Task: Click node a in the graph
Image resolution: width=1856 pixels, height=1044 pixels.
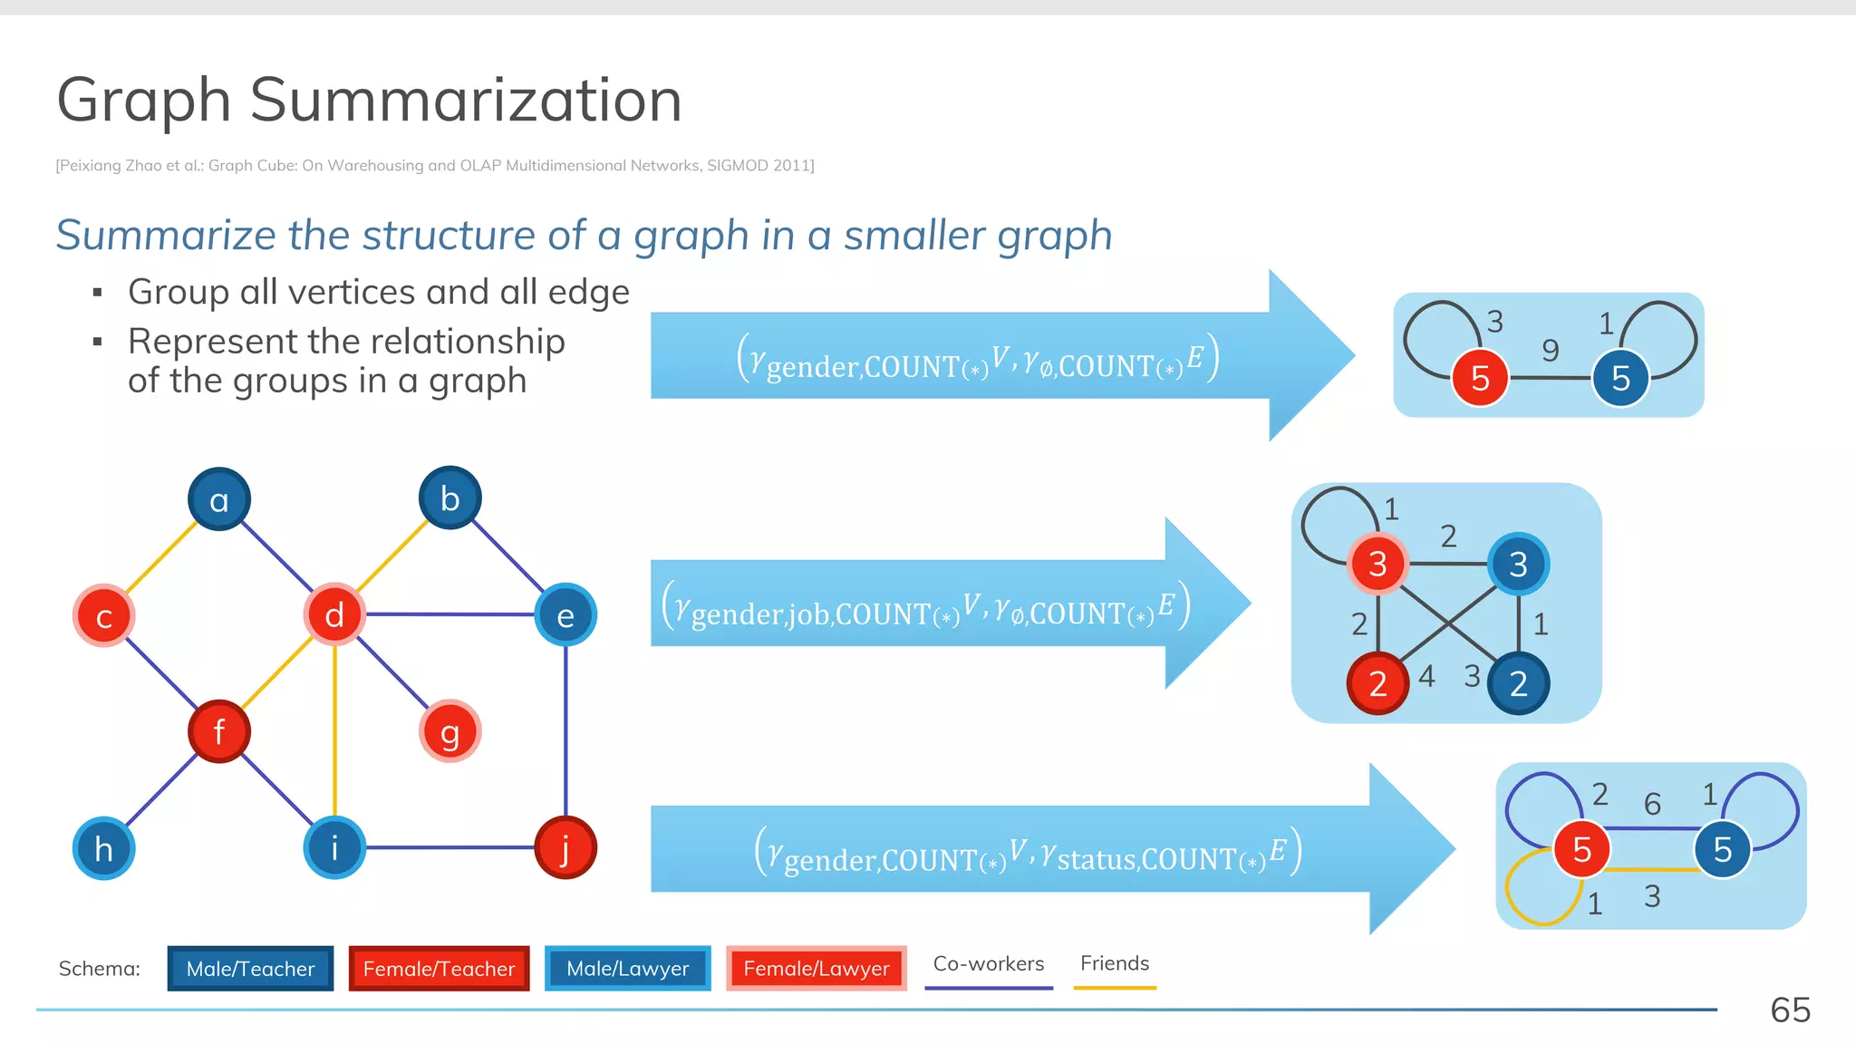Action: point(218,499)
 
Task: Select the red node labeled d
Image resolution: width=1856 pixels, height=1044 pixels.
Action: point(334,614)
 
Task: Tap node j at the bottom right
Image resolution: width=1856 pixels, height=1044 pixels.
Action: point(565,848)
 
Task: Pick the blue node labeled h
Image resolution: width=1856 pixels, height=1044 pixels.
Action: point(103,849)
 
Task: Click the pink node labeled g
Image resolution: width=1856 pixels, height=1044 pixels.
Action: point(449,731)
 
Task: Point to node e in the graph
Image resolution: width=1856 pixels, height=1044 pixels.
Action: point(565,615)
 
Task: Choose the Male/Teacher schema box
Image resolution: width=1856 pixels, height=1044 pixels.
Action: point(250,969)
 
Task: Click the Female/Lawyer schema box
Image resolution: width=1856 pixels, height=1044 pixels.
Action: point(816,969)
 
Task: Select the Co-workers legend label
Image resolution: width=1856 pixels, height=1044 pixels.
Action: point(989,963)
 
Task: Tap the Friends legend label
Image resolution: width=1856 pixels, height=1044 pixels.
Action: point(1115,963)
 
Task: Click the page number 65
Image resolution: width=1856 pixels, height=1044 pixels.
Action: point(1790,1010)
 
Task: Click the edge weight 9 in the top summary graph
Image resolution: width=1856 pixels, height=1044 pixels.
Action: point(1551,350)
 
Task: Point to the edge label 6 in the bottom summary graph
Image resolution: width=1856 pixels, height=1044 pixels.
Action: point(1652,803)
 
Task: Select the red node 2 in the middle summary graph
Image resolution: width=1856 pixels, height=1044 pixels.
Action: point(1377,684)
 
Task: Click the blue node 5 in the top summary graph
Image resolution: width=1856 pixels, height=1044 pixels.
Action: point(1620,378)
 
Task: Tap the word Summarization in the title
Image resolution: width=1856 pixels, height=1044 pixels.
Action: point(465,100)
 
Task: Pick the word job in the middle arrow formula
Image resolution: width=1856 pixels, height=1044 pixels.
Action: point(809,614)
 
